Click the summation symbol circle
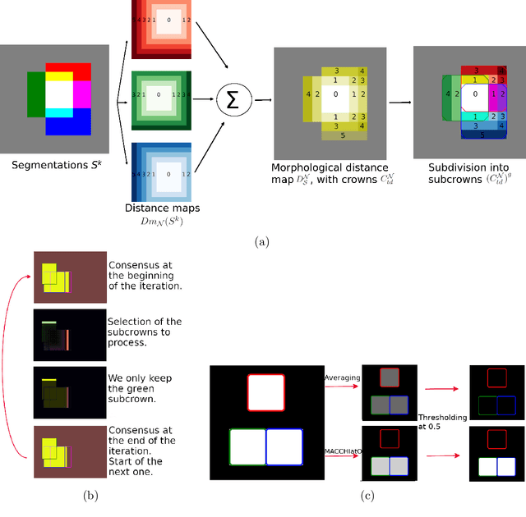[x=233, y=101]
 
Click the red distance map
[x=161, y=31]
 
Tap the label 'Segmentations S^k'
[x=52, y=166]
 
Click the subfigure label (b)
[x=81, y=495]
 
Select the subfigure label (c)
[x=367, y=495]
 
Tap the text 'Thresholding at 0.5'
[x=442, y=422]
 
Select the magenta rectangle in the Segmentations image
[x=82, y=95]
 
